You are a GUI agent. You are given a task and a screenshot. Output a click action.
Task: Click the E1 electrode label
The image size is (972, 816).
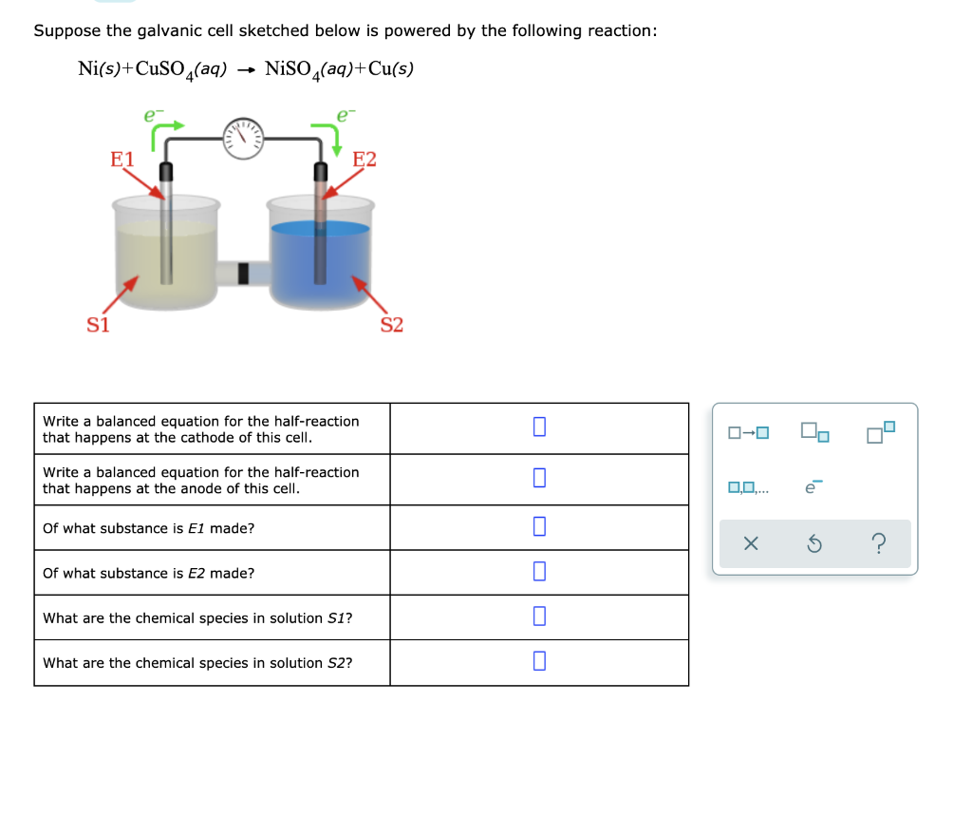tap(122, 159)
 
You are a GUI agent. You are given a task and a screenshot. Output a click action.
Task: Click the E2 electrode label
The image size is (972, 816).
tap(364, 159)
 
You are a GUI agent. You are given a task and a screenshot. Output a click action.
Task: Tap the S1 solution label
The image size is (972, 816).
tap(98, 325)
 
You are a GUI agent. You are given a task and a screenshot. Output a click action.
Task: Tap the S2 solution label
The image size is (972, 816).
tap(391, 325)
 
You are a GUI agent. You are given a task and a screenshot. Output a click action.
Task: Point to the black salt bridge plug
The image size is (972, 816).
tap(243, 274)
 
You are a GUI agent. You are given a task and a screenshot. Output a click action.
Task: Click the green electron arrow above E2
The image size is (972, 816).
tap(328, 133)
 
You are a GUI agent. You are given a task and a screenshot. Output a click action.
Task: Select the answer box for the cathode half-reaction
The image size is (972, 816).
tap(539, 427)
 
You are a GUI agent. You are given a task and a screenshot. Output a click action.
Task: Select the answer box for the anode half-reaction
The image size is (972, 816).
tap(539, 478)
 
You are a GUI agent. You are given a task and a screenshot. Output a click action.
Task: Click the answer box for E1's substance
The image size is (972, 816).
tap(539, 526)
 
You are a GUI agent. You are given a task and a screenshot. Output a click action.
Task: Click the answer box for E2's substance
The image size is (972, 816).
tap(539, 571)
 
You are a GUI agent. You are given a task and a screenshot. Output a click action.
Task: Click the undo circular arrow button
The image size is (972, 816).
tap(814, 544)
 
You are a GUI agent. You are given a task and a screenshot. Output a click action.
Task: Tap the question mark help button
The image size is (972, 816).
tap(879, 544)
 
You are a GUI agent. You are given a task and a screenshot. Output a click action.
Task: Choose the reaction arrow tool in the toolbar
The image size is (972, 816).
tap(749, 434)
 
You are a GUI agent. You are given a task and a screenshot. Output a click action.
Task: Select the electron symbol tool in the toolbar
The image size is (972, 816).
tap(813, 488)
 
